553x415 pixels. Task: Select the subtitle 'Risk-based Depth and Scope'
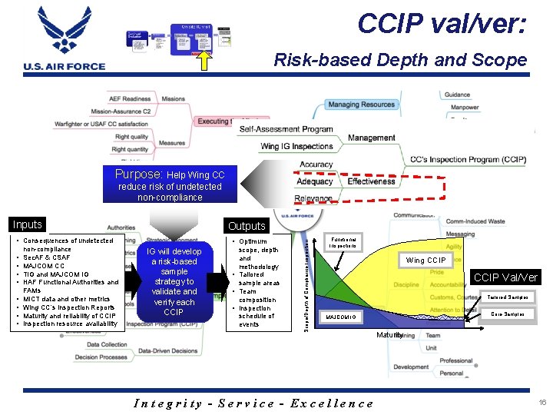point(400,60)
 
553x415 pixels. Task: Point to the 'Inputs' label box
point(27,224)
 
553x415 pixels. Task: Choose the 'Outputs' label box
point(247,226)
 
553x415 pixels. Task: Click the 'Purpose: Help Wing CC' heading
point(170,174)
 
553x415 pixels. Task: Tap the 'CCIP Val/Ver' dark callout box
point(505,277)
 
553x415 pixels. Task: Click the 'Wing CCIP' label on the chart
point(426,260)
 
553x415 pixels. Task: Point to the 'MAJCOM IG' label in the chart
point(341,316)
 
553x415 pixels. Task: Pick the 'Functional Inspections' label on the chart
point(343,244)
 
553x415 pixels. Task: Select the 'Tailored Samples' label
point(508,297)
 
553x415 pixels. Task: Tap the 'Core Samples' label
point(508,314)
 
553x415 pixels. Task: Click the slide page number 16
point(541,402)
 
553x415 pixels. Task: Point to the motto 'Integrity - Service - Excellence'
point(253,403)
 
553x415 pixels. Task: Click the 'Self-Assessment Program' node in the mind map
point(286,130)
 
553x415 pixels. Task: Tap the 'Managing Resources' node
point(361,105)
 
